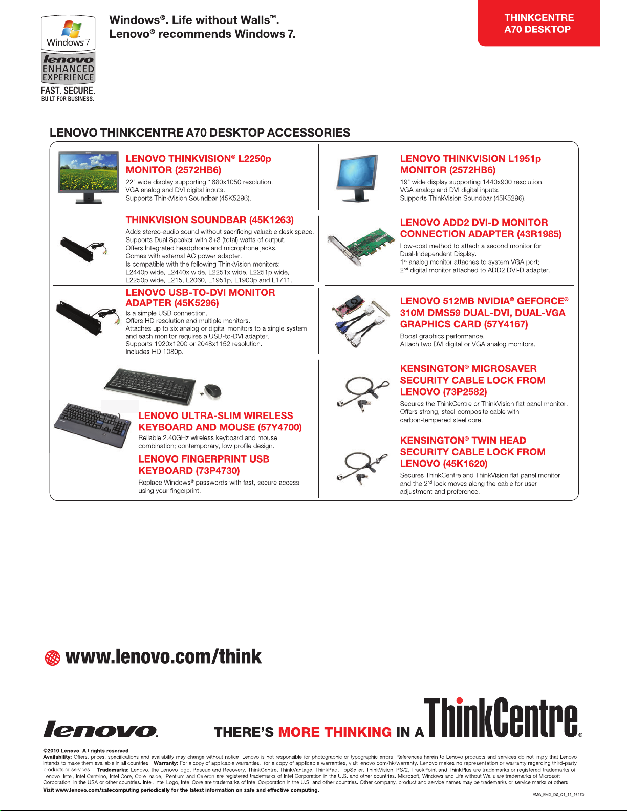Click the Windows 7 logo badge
(68, 33)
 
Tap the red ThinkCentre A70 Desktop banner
(538, 23)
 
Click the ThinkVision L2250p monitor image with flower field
(89, 178)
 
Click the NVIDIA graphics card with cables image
(360, 321)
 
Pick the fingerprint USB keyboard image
(93, 426)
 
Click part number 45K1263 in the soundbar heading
(271, 220)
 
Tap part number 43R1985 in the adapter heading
(539, 234)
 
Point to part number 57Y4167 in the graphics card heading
(506, 324)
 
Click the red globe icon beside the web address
(52, 658)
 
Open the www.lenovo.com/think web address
(163, 657)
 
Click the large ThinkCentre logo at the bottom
(503, 717)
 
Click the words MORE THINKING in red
(335, 732)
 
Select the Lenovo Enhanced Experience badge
(68, 68)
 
